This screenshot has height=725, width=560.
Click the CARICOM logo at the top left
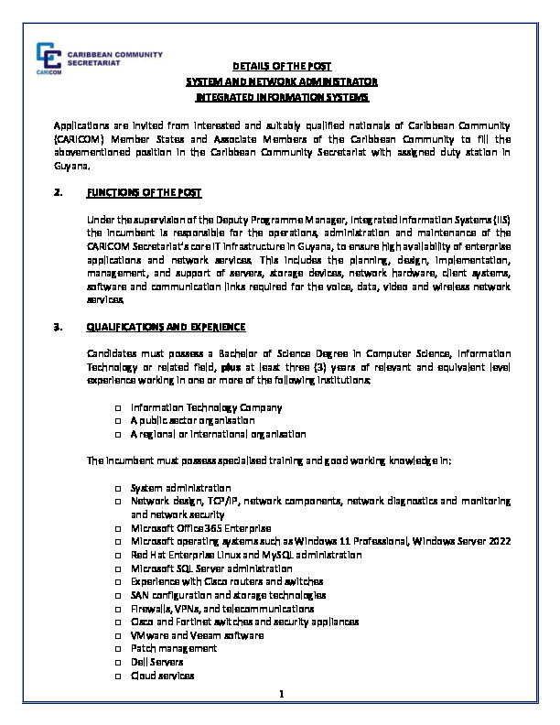click(x=50, y=58)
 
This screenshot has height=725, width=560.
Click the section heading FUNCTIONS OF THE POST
click(x=144, y=194)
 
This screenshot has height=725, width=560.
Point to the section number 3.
click(x=58, y=326)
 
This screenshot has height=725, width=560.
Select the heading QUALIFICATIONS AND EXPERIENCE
click(x=167, y=326)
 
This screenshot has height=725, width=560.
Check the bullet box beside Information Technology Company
click(x=120, y=407)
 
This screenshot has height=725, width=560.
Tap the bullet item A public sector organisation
click(x=189, y=420)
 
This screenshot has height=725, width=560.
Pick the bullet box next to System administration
click(x=120, y=488)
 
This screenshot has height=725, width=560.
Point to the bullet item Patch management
click(x=174, y=648)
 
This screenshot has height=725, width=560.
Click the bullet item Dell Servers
click(x=157, y=661)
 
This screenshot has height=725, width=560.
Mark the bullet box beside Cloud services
click(x=120, y=675)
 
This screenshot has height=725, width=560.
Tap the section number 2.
click(x=58, y=194)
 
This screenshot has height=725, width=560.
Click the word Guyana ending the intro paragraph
click(x=70, y=168)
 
